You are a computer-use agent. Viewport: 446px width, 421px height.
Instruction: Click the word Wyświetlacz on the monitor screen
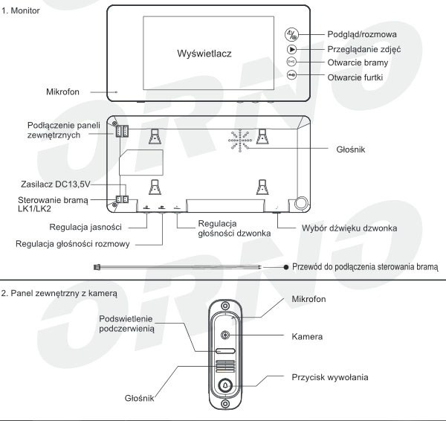click(204, 54)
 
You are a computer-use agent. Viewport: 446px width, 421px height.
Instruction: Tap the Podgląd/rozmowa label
click(362, 34)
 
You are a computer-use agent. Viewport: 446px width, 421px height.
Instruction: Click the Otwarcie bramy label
click(358, 63)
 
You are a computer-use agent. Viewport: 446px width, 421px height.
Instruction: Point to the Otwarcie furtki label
click(357, 77)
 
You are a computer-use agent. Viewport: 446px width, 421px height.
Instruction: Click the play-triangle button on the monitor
click(292, 49)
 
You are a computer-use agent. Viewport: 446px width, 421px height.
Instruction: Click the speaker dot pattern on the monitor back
click(243, 141)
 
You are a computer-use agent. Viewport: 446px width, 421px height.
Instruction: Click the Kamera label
click(307, 337)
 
